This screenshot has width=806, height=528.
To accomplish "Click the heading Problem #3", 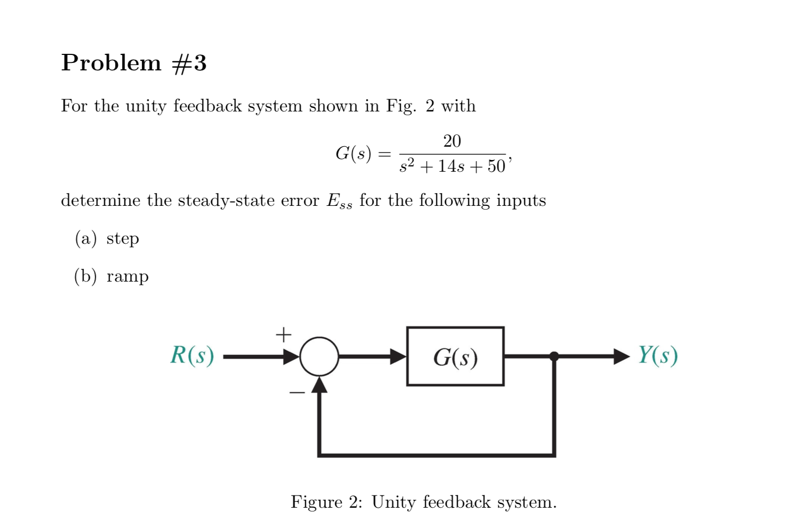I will coord(134,63).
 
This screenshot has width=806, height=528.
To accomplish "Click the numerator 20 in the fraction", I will coord(452,141).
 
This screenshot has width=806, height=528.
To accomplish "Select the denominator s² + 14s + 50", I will coord(452,166).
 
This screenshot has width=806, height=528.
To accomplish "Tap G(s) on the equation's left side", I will coord(353,154).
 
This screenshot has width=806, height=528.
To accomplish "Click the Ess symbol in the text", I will coord(339,201).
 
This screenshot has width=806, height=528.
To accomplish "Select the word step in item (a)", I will coord(123,238).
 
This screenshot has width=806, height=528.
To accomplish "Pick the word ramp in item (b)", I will coord(127,276).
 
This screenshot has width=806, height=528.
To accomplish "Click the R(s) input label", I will coord(192,355).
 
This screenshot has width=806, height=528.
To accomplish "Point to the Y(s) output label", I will coord(658,355).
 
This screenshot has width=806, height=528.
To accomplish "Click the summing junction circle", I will coord(319,356).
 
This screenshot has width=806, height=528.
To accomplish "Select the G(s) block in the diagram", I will coord(455,356).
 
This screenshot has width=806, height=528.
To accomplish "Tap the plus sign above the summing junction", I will coord(284,334).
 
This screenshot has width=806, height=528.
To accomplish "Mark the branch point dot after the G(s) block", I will coord(554,356).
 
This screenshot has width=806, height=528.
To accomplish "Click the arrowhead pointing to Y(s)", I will coord(621,356).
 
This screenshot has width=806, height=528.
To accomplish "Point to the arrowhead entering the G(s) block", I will coord(398,356).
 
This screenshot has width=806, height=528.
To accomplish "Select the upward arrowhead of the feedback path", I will coord(319,385).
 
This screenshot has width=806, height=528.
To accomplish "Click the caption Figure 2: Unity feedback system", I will coord(423,502).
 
